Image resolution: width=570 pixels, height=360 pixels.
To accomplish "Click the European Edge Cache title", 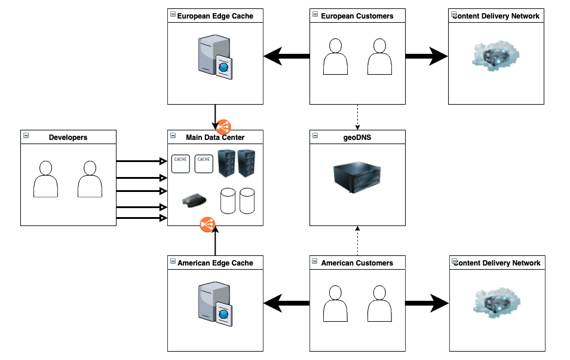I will click(x=215, y=16).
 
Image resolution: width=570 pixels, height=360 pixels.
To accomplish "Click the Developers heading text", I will click(x=68, y=137).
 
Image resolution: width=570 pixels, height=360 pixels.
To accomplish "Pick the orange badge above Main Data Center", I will click(x=223, y=127).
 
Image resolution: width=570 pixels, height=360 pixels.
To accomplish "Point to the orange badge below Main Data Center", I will click(x=207, y=225).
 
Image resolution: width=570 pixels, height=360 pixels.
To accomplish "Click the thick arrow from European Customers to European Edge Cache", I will click(x=286, y=57).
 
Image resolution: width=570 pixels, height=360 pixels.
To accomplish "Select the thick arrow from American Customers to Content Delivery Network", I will click(x=427, y=304).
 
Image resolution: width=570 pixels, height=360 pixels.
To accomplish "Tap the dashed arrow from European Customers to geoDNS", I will click(x=357, y=117).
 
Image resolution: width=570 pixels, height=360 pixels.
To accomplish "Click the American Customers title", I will click(x=357, y=263).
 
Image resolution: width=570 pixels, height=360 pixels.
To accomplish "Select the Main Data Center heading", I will click(x=215, y=137).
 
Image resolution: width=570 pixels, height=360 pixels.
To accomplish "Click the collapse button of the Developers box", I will click(x=26, y=136).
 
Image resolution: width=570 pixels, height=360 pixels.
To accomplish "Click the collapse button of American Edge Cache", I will click(x=173, y=262).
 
